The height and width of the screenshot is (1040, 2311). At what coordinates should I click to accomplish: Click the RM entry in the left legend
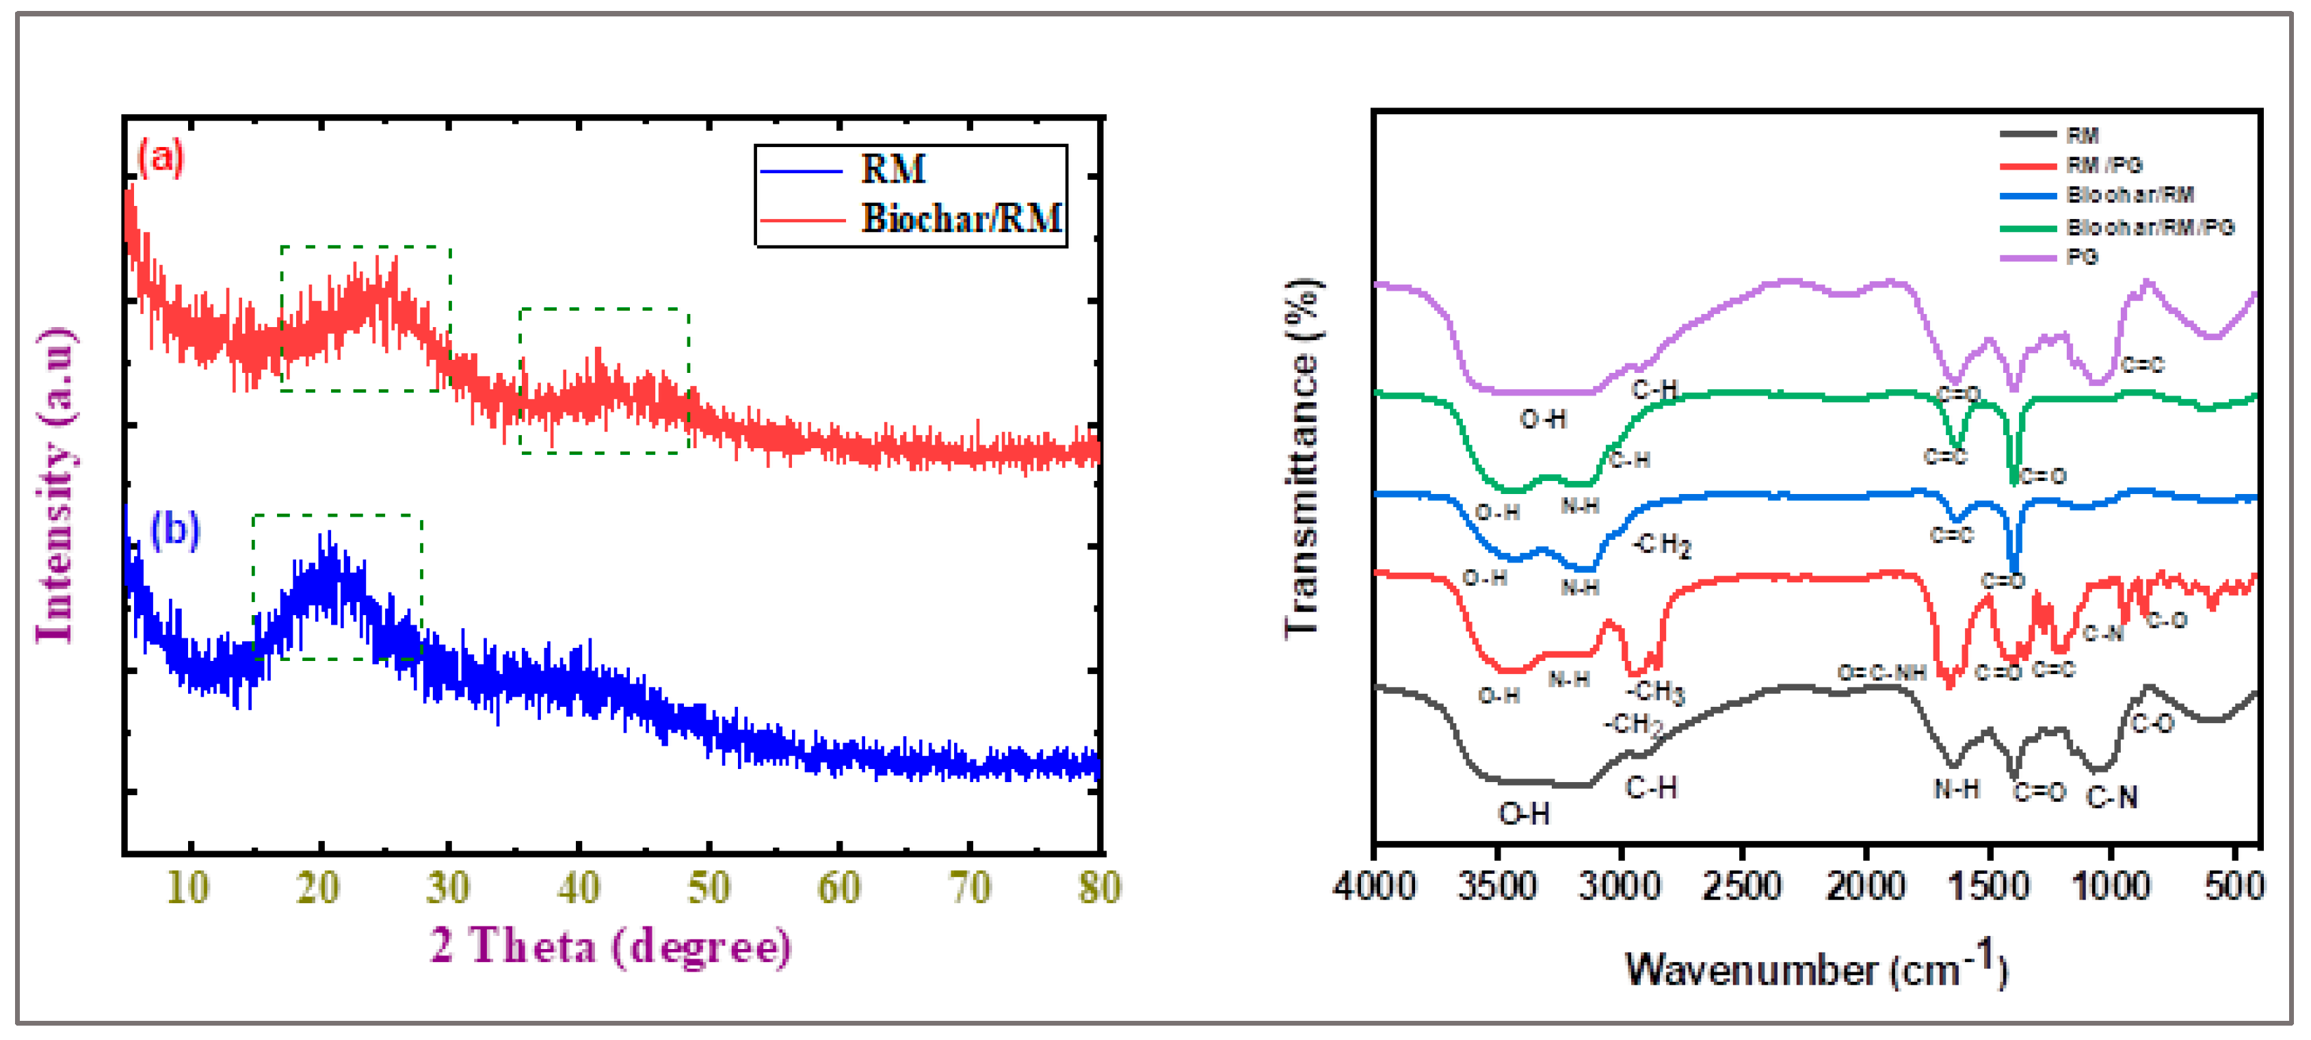893,169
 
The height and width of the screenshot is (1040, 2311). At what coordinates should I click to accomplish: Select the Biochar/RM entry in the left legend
960,218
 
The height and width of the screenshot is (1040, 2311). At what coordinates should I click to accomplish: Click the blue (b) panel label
175,530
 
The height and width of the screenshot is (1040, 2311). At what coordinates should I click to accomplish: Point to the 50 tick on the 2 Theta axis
709,887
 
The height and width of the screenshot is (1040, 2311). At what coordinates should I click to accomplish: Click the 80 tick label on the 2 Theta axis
1098,887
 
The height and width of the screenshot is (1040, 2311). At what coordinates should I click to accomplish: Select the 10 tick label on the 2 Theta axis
188,887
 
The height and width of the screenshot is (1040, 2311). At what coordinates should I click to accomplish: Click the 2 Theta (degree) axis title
610,946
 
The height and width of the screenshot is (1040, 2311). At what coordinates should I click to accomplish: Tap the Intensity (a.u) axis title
55,484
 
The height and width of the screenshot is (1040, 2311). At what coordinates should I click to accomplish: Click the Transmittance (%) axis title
1302,458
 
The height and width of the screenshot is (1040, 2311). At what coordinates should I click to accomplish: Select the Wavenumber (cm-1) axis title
1816,967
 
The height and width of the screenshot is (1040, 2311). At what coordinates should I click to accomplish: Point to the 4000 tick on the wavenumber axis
1375,885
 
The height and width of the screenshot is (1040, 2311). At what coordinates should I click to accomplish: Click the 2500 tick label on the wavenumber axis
1742,885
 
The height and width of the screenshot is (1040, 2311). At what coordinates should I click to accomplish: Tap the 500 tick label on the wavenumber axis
2234,885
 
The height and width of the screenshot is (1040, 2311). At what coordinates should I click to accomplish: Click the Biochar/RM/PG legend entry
2150,227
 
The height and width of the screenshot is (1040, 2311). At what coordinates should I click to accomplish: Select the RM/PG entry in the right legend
2104,165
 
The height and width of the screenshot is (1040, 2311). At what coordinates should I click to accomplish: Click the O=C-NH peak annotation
1881,672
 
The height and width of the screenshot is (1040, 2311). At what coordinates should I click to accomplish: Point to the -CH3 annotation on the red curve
1654,691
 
